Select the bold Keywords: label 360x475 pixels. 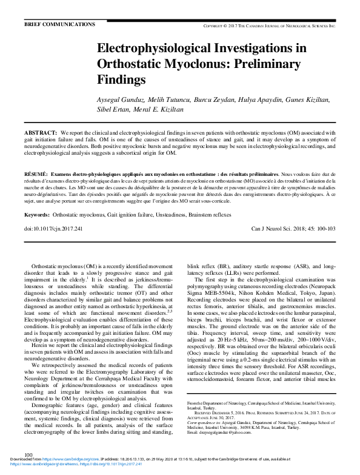tap(37, 215)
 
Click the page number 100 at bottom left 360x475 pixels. tap(28, 454)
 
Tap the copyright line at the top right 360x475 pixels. tap(277, 26)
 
